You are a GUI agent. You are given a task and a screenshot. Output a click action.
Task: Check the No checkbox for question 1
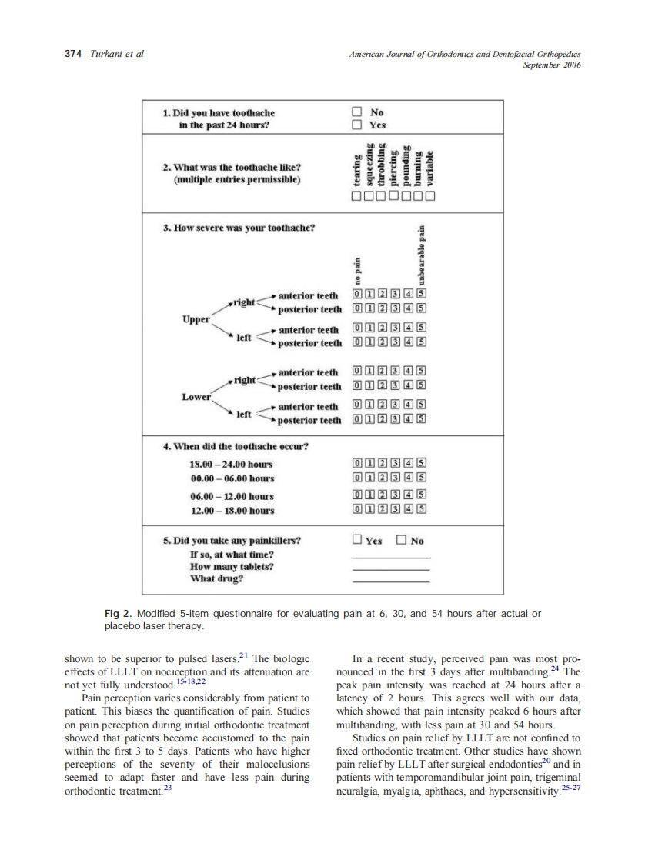pos(356,112)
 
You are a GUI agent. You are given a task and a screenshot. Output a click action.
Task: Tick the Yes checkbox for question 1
pos(356,125)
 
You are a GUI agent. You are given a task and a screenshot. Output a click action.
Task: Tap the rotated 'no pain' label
pos(357,271)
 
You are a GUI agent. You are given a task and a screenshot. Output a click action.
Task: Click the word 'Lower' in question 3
pos(196,397)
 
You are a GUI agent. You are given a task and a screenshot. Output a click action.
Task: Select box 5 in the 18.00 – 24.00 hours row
pos(422,464)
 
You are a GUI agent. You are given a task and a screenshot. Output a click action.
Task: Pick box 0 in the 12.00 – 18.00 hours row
pos(357,509)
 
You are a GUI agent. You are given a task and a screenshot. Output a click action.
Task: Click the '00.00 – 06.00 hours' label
pos(231,478)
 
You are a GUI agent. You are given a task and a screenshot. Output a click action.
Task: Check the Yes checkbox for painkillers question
pos(356,540)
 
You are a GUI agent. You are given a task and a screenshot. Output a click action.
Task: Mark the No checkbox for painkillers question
pos(401,540)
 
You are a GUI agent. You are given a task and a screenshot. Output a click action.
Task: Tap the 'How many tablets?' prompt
pos(232,567)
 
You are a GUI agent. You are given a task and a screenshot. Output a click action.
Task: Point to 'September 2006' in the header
pos(551,65)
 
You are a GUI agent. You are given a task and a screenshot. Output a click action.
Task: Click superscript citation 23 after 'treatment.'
pos(166,788)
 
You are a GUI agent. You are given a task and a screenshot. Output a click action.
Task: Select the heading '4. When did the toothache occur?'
pos(236,446)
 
